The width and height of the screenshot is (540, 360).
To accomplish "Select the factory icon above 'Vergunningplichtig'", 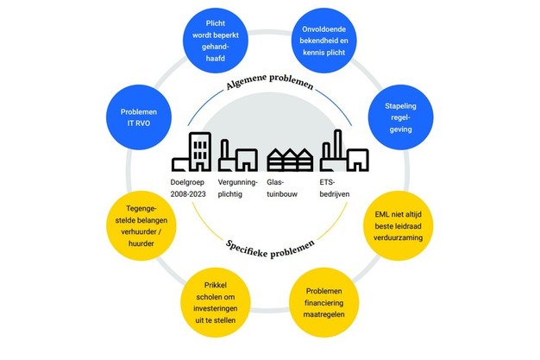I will [236, 156].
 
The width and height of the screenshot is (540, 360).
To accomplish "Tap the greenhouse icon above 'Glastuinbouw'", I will [289, 159].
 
